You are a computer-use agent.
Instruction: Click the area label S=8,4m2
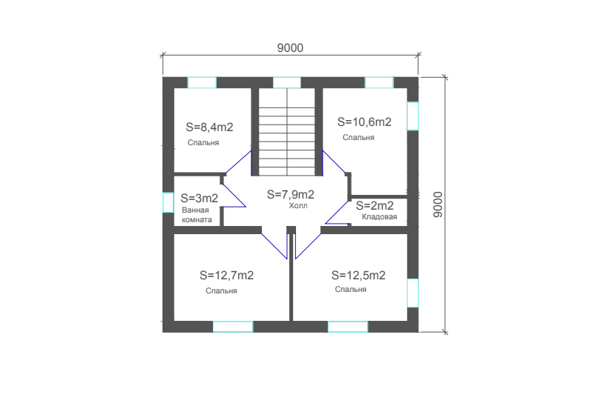coord(210,127)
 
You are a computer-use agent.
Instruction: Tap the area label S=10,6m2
coord(364,122)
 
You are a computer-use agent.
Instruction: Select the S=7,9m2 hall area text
coord(290,194)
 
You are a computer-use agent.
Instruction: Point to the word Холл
coord(298,206)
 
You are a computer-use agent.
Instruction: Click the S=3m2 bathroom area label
coord(200,198)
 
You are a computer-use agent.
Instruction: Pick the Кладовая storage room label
coord(379,216)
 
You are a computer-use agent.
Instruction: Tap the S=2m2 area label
coord(375,206)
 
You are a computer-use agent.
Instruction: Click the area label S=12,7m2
coord(226,276)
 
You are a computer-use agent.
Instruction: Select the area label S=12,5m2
coord(358,276)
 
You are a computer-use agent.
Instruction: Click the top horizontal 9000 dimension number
coord(290,48)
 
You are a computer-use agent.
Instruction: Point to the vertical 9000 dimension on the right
coord(438,204)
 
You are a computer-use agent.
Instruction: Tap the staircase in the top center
coord(287,132)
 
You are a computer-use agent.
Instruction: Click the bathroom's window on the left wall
coord(168,202)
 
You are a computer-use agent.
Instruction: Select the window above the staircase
coord(286,82)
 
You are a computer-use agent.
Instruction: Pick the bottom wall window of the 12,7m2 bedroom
coord(233,327)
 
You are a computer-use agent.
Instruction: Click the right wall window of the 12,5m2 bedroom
coord(413,293)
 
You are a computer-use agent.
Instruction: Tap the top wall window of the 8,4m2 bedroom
coord(202,82)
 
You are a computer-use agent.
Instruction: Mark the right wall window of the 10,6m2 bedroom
coord(413,116)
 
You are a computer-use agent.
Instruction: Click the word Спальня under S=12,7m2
coord(221,290)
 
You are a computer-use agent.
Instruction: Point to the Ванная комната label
coord(197,215)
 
